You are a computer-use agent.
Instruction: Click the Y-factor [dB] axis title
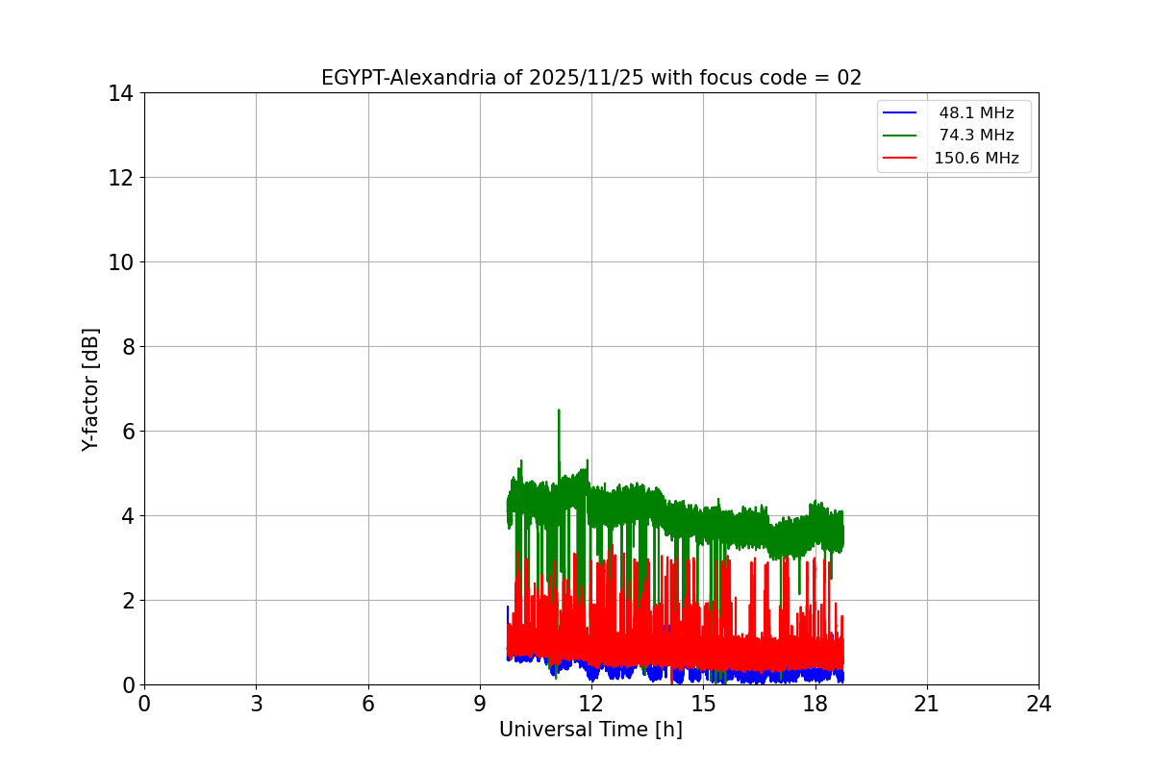[x=90, y=389]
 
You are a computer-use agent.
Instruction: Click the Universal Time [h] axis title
[x=590, y=730]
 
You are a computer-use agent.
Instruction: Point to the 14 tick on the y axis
[x=120, y=93]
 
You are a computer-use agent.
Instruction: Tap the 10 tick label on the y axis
[x=120, y=262]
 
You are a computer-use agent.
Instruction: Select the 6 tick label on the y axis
[x=126, y=432]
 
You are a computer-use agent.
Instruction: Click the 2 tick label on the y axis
[x=126, y=601]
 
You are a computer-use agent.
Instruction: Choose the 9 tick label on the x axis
[x=480, y=704]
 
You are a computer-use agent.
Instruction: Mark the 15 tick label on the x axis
[x=703, y=704]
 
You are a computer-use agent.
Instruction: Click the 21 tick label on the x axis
[x=926, y=704]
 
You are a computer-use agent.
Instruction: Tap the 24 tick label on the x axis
[x=1039, y=704]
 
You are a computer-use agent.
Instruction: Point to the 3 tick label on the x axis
[x=256, y=704]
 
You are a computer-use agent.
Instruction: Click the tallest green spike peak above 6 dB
[x=559, y=410]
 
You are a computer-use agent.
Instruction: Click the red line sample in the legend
[x=902, y=159]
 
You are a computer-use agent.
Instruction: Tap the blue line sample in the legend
[x=902, y=113]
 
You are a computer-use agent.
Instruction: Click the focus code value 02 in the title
[x=849, y=78]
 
